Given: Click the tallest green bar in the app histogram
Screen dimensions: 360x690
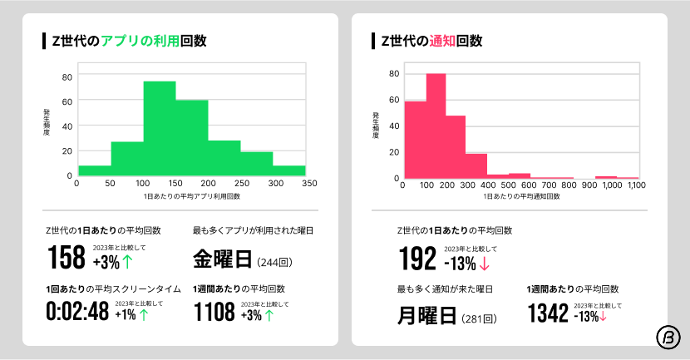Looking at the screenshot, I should click(x=159, y=128).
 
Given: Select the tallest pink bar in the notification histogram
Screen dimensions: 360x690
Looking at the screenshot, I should click(x=436, y=126).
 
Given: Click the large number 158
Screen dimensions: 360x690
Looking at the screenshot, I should click(x=67, y=258).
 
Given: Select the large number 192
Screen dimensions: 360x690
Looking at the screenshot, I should click(x=417, y=260).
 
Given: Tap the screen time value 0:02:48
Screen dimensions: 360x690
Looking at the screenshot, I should click(x=76, y=313).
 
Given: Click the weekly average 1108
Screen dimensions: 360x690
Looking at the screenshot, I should click(x=214, y=313).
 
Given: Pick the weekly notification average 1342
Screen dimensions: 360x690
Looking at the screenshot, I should click(x=548, y=313).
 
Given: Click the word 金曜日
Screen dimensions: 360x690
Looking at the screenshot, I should click(x=222, y=259).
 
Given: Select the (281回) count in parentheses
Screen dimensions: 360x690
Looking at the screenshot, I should click(x=480, y=318).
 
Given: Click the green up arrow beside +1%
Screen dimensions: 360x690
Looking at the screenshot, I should click(x=144, y=314).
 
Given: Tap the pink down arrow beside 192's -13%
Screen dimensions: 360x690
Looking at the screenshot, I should click(x=485, y=264).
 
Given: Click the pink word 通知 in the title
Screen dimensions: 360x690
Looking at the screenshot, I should click(x=441, y=41).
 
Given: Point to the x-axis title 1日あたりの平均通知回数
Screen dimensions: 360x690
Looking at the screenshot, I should click(x=521, y=196).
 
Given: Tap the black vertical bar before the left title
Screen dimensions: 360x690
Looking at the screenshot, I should click(x=44, y=41).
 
